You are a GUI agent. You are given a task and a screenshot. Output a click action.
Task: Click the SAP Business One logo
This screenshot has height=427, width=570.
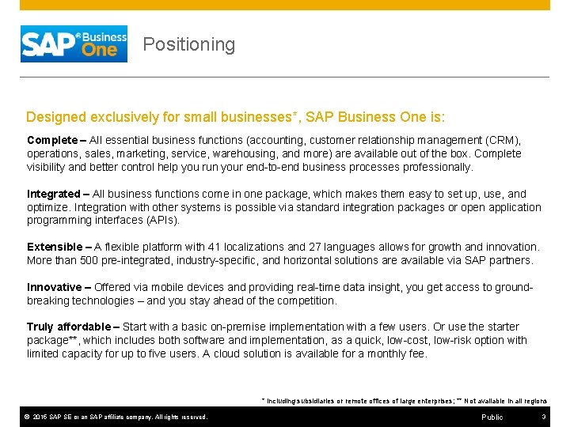click(x=74, y=43)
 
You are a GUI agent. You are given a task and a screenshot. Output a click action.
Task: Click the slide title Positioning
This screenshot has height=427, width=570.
click(x=188, y=44)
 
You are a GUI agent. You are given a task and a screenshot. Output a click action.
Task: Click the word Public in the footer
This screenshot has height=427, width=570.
click(x=492, y=417)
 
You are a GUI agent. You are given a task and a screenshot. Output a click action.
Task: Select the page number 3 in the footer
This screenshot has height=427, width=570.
click(x=544, y=417)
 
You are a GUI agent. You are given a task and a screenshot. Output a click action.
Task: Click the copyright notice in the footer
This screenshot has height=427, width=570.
click(x=116, y=417)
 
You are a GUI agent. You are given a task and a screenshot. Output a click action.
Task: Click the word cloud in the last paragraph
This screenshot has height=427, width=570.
click(x=230, y=353)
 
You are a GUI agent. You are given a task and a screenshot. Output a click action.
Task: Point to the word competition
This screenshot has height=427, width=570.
click(x=304, y=300)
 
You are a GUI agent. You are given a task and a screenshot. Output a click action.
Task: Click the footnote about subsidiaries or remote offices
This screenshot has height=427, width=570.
click(x=404, y=401)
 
